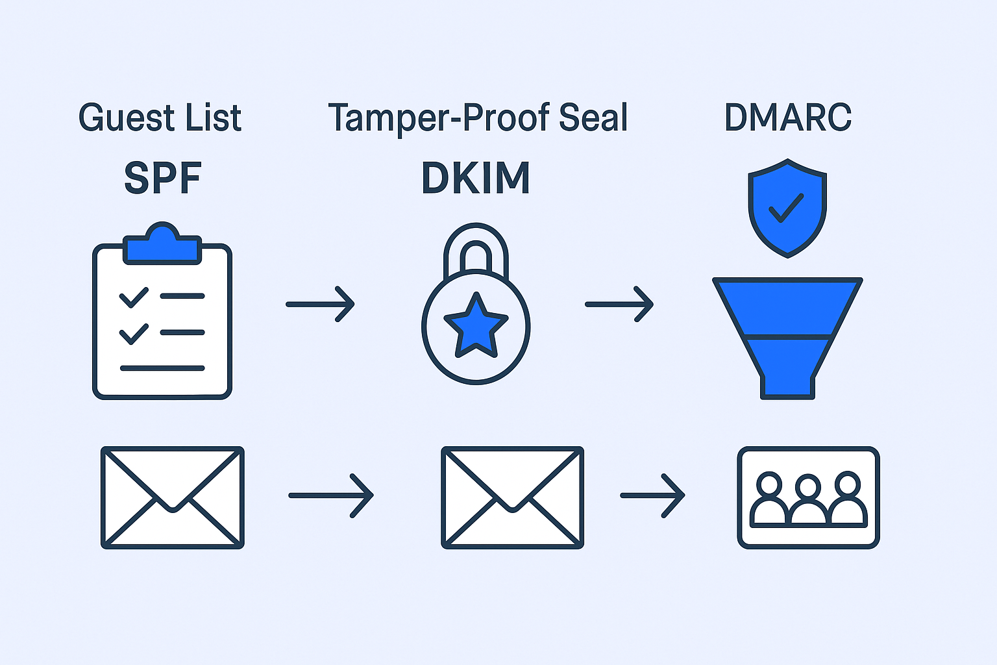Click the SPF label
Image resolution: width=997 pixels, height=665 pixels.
(x=162, y=178)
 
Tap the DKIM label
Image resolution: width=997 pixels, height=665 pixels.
(x=476, y=178)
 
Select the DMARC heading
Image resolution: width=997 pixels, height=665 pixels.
(x=787, y=118)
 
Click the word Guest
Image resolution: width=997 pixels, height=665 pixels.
(x=127, y=118)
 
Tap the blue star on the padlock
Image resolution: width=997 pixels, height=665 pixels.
(x=476, y=325)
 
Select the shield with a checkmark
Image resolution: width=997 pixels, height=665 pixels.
(x=787, y=208)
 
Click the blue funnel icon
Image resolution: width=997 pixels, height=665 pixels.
(x=787, y=331)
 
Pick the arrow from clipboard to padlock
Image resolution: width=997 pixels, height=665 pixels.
(x=321, y=304)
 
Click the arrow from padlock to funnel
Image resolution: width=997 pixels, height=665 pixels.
(x=619, y=304)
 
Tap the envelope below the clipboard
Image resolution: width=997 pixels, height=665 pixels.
(x=173, y=497)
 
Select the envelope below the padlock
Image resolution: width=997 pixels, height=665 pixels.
(x=512, y=497)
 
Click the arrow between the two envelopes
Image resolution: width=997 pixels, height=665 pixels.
(x=331, y=496)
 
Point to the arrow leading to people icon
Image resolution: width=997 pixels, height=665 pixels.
(x=652, y=496)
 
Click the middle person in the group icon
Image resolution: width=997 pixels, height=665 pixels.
(x=808, y=500)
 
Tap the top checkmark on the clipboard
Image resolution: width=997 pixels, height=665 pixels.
(x=134, y=297)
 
